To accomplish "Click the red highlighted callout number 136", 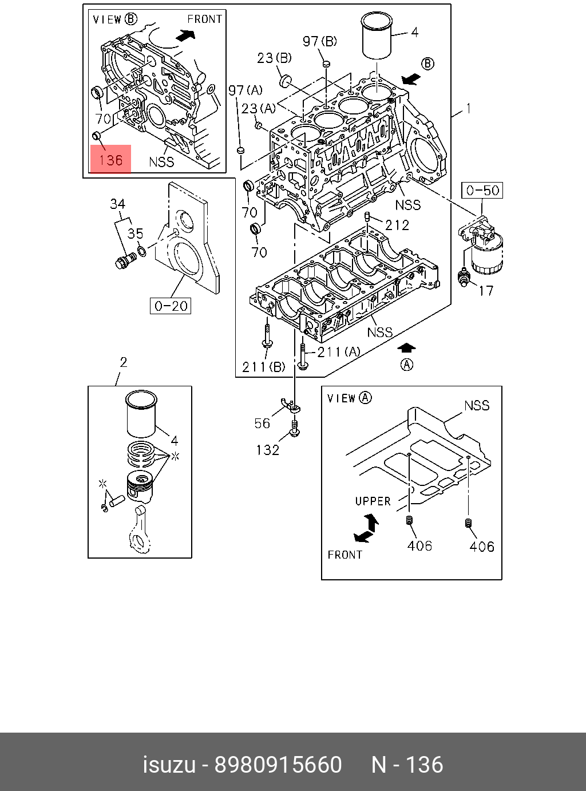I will (110, 160).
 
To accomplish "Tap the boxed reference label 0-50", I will (482, 191).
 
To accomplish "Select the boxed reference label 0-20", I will (171, 306).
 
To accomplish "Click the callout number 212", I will (397, 225).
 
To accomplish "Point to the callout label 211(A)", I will (338, 351).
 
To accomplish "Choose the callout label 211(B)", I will (263, 367).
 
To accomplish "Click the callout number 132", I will (267, 450).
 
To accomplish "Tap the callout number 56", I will (262, 423).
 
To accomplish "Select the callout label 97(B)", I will (320, 41).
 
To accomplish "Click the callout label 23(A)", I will (258, 108).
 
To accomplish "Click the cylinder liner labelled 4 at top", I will (377, 36).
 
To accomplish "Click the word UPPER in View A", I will (373, 501).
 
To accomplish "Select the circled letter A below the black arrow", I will (406, 365).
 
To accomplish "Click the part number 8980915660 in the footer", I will (278, 765).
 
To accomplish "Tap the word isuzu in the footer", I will (168, 765).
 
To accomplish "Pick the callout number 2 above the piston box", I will (123, 362).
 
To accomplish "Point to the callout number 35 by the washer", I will (136, 234).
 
